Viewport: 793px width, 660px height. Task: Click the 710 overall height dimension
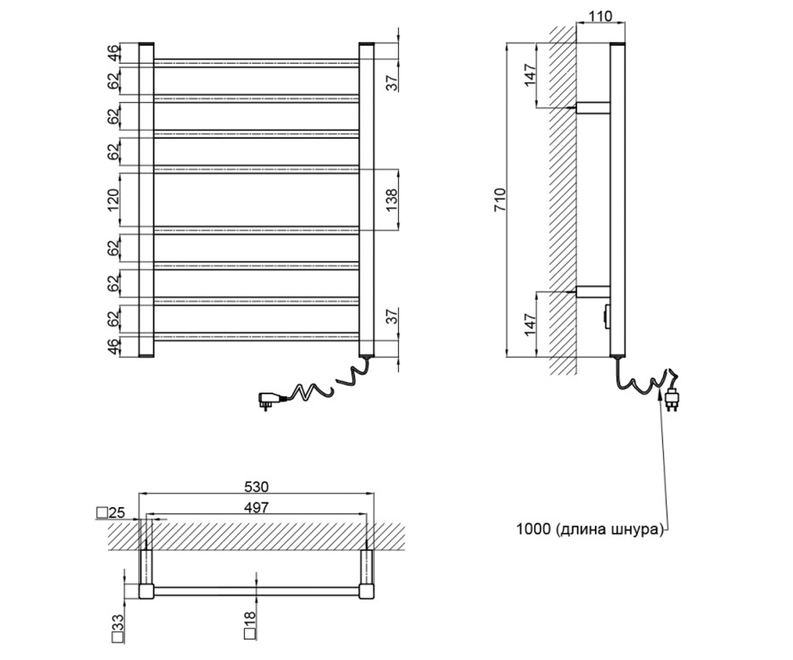click(x=500, y=200)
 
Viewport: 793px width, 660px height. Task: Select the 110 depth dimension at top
click(x=601, y=16)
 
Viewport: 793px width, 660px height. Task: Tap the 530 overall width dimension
click(x=256, y=486)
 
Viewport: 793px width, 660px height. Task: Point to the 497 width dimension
click(x=256, y=508)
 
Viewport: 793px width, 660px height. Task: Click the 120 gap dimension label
click(x=113, y=200)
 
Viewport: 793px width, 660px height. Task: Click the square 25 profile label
click(x=110, y=513)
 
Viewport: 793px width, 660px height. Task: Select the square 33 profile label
click(x=118, y=628)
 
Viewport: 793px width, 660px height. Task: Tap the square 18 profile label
click(x=250, y=626)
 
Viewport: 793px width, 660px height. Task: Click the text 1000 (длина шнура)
click(x=590, y=529)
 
